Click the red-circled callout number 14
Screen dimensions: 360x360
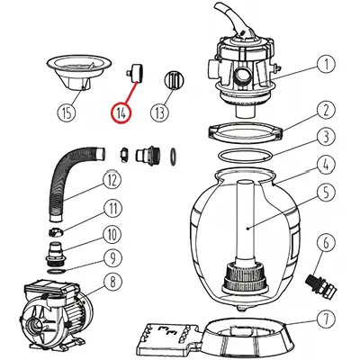click(121, 113)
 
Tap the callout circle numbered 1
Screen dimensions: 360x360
click(326, 65)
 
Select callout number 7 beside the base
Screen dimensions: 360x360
click(326, 319)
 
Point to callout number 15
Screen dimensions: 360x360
click(67, 113)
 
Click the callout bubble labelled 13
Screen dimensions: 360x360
click(159, 113)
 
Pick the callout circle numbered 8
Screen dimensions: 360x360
click(112, 282)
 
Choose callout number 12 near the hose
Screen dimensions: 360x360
click(112, 181)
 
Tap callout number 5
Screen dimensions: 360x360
click(326, 192)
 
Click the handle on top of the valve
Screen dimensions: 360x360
click(235, 23)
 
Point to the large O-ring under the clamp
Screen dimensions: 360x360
click(246, 157)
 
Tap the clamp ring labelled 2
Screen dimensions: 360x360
click(246, 133)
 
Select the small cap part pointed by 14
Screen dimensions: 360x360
click(135, 73)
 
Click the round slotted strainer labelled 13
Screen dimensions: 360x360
click(174, 79)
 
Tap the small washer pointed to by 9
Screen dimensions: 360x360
click(56, 272)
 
